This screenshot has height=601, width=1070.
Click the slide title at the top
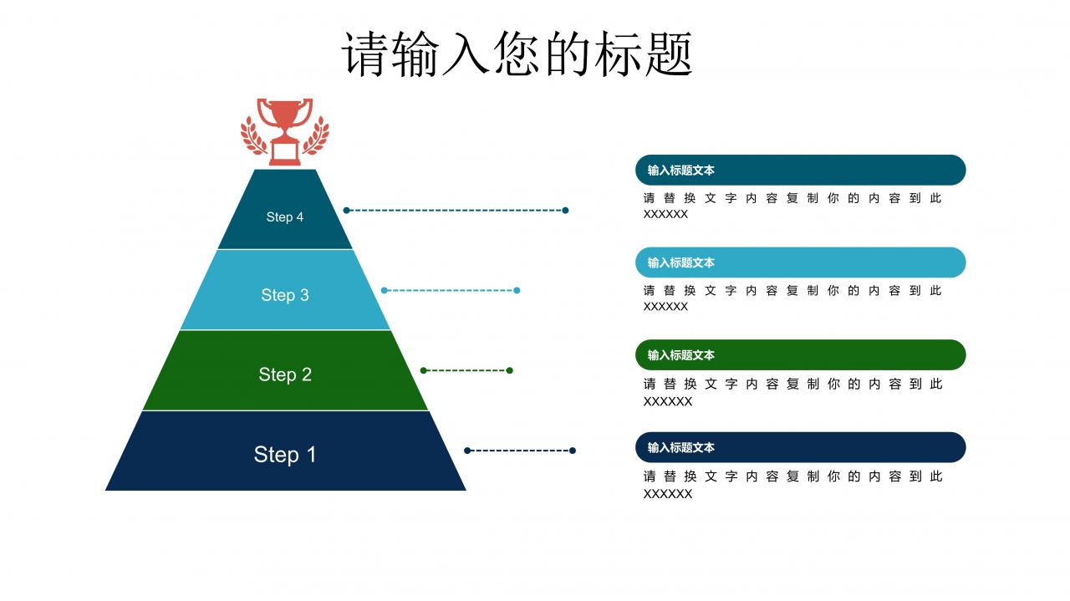click(x=517, y=54)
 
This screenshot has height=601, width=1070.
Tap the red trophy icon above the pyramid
click(x=285, y=130)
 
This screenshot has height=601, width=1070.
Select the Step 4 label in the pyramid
click(x=285, y=217)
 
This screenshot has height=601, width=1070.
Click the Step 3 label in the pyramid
click(x=285, y=295)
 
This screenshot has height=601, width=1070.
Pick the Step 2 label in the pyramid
click(x=285, y=374)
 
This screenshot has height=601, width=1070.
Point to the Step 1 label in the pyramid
click(x=285, y=455)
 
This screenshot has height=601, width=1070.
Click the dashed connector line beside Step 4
click(x=456, y=211)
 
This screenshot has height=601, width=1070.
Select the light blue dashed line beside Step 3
click(x=451, y=291)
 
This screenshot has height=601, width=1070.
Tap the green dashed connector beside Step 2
click(x=466, y=370)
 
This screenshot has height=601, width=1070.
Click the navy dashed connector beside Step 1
click(x=520, y=451)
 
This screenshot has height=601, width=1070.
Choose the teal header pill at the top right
click(x=800, y=170)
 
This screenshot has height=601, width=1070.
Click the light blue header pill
click(x=800, y=262)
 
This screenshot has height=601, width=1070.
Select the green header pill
click(x=800, y=354)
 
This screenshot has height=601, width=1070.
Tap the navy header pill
click(x=800, y=447)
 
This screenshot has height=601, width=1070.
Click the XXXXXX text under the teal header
click(x=665, y=215)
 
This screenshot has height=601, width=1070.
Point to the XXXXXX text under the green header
click(x=667, y=402)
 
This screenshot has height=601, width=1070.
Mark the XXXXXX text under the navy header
click(x=667, y=494)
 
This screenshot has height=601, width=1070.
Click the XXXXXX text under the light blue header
click(x=665, y=307)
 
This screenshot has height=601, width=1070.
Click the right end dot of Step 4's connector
click(x=565, y=211)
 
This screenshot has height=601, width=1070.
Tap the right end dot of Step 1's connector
click(x=573, y=451)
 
